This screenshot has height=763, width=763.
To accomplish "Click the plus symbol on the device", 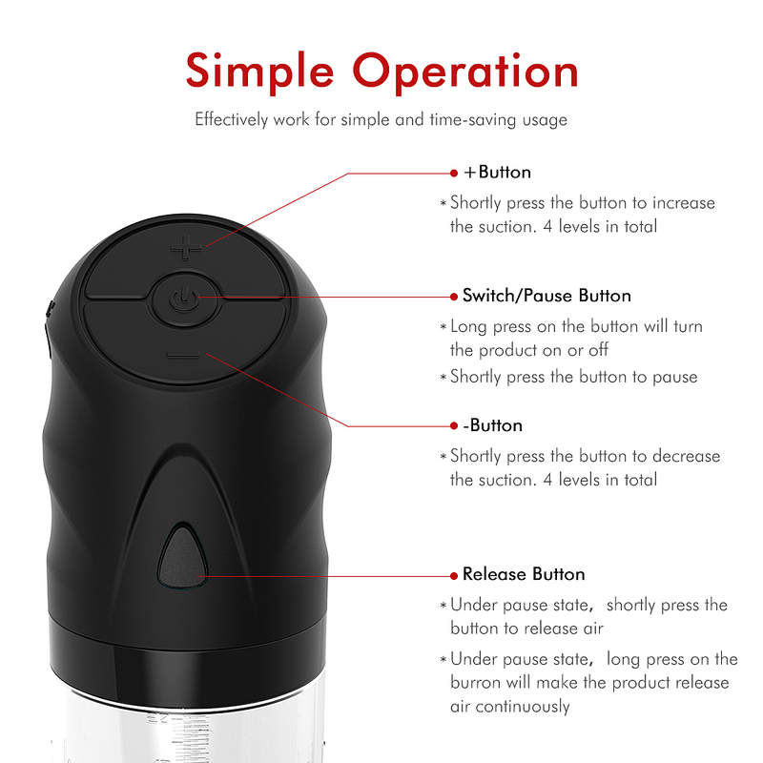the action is [186, 247].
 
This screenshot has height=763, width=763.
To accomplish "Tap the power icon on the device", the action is [184, 299].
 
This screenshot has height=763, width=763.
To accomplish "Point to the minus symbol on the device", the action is [183, 354].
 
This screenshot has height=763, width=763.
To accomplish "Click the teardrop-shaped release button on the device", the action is [182, 556].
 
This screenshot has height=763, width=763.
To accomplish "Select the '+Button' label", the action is [497, 173].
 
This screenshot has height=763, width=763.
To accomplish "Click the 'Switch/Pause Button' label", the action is [546, 296].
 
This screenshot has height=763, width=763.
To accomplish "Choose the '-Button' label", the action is [492, 425].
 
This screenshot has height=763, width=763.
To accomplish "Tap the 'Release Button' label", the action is [524, 574].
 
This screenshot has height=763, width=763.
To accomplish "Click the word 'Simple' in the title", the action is [259, 72].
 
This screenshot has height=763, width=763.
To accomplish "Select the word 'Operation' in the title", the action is [465, 72].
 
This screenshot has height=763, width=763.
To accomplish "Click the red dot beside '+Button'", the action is [454, 173].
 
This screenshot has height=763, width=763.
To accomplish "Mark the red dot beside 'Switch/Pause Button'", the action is [454, 297].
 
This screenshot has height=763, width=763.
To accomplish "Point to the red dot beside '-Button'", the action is [454, 426].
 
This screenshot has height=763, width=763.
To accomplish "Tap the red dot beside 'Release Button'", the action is [454, 576].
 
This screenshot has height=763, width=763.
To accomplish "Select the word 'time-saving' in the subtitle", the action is [473, 120].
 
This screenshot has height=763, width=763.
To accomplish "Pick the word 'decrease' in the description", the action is [686, 456].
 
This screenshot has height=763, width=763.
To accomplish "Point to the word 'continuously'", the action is [522, 707].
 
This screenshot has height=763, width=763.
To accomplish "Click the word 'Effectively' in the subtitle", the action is [232, 120].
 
